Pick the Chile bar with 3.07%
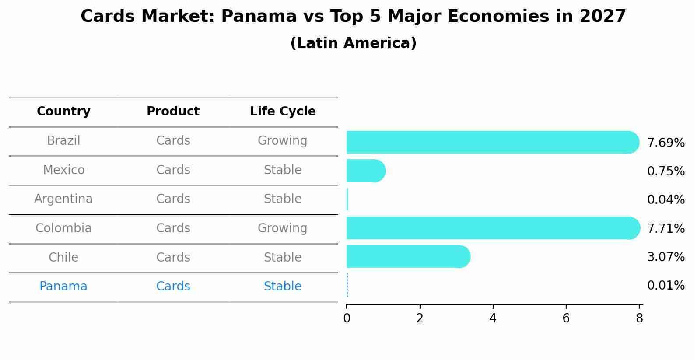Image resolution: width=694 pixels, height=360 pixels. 407,256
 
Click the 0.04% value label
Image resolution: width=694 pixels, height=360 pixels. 666,200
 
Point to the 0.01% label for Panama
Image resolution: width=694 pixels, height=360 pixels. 666,286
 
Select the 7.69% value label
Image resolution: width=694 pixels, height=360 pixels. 666,143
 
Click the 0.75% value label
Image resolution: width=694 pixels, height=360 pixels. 666,171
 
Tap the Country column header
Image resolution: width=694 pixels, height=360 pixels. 63,112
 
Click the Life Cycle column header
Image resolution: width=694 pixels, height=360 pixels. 283,112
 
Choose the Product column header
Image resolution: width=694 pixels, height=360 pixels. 173,112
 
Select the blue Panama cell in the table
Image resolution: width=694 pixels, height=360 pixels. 63,287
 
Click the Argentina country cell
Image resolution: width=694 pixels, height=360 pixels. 63,199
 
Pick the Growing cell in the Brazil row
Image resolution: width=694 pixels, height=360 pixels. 282,141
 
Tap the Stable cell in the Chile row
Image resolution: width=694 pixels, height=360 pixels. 282,257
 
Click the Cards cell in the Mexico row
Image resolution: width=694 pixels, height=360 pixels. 173,170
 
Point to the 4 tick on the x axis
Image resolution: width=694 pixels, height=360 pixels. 493,318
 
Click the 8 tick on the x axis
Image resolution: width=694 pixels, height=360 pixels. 639,318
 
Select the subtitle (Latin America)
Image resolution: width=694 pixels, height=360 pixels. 353,43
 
